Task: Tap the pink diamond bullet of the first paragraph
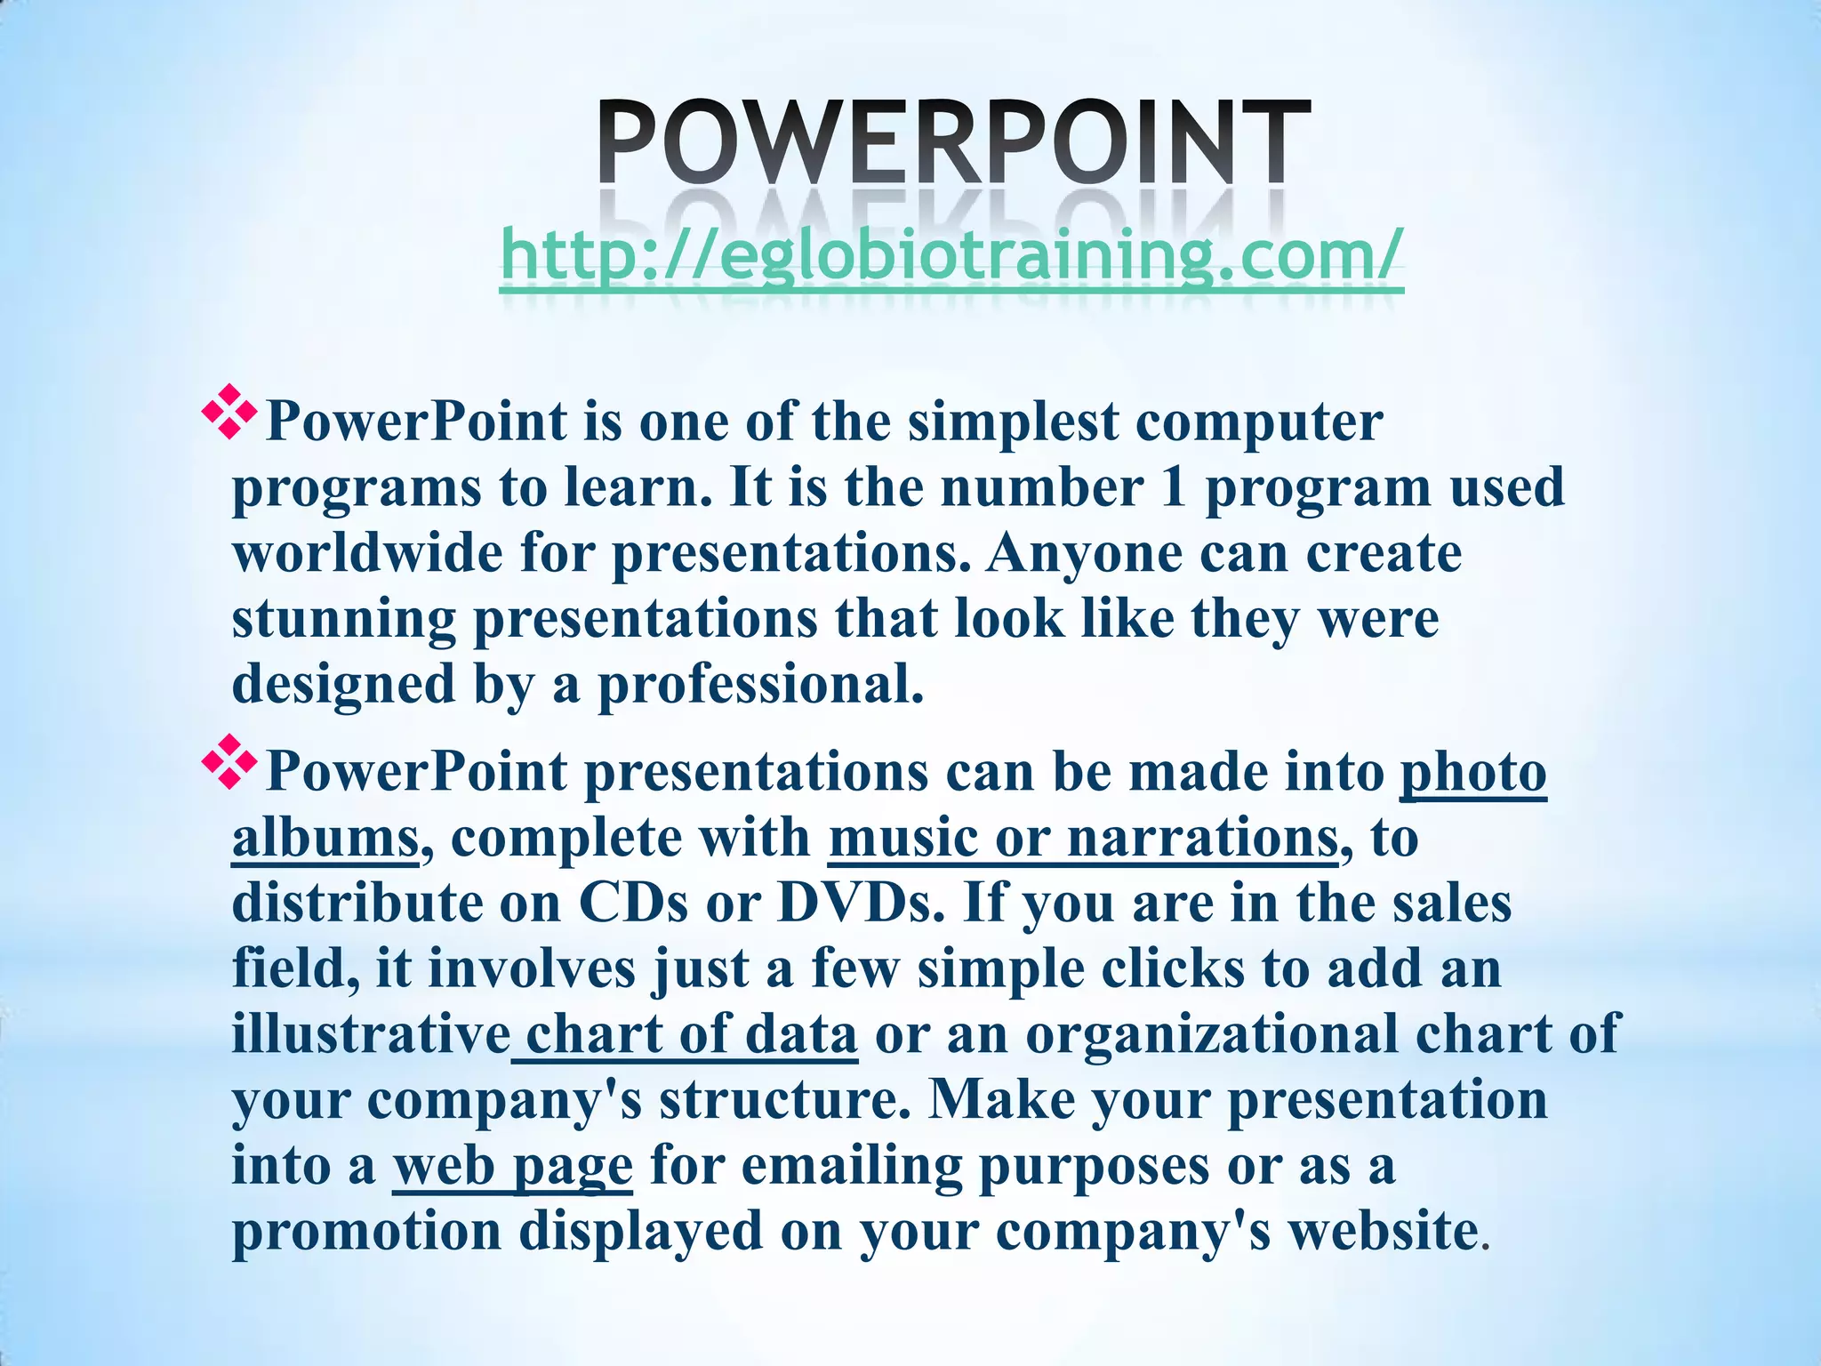pyautogui.click(x=229, y=411)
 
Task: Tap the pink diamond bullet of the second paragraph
pyautogui.click(x=229, y=761)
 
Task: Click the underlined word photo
pyautogui.click(x=1473, y=772)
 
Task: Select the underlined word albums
pyautogui.click(x=325, y=838)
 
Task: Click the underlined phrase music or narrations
pyautogui.click(x=1082, y=838)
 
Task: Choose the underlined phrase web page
pyautogui.click(x=512, y=1166)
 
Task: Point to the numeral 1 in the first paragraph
pyautogui.click(x=1174, y=487)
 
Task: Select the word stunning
pyautogui.click(x=343, y=620)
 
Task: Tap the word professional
pyautogui.click(x=761, y=685)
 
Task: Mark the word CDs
pyautogui.click(x=634, y=903)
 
